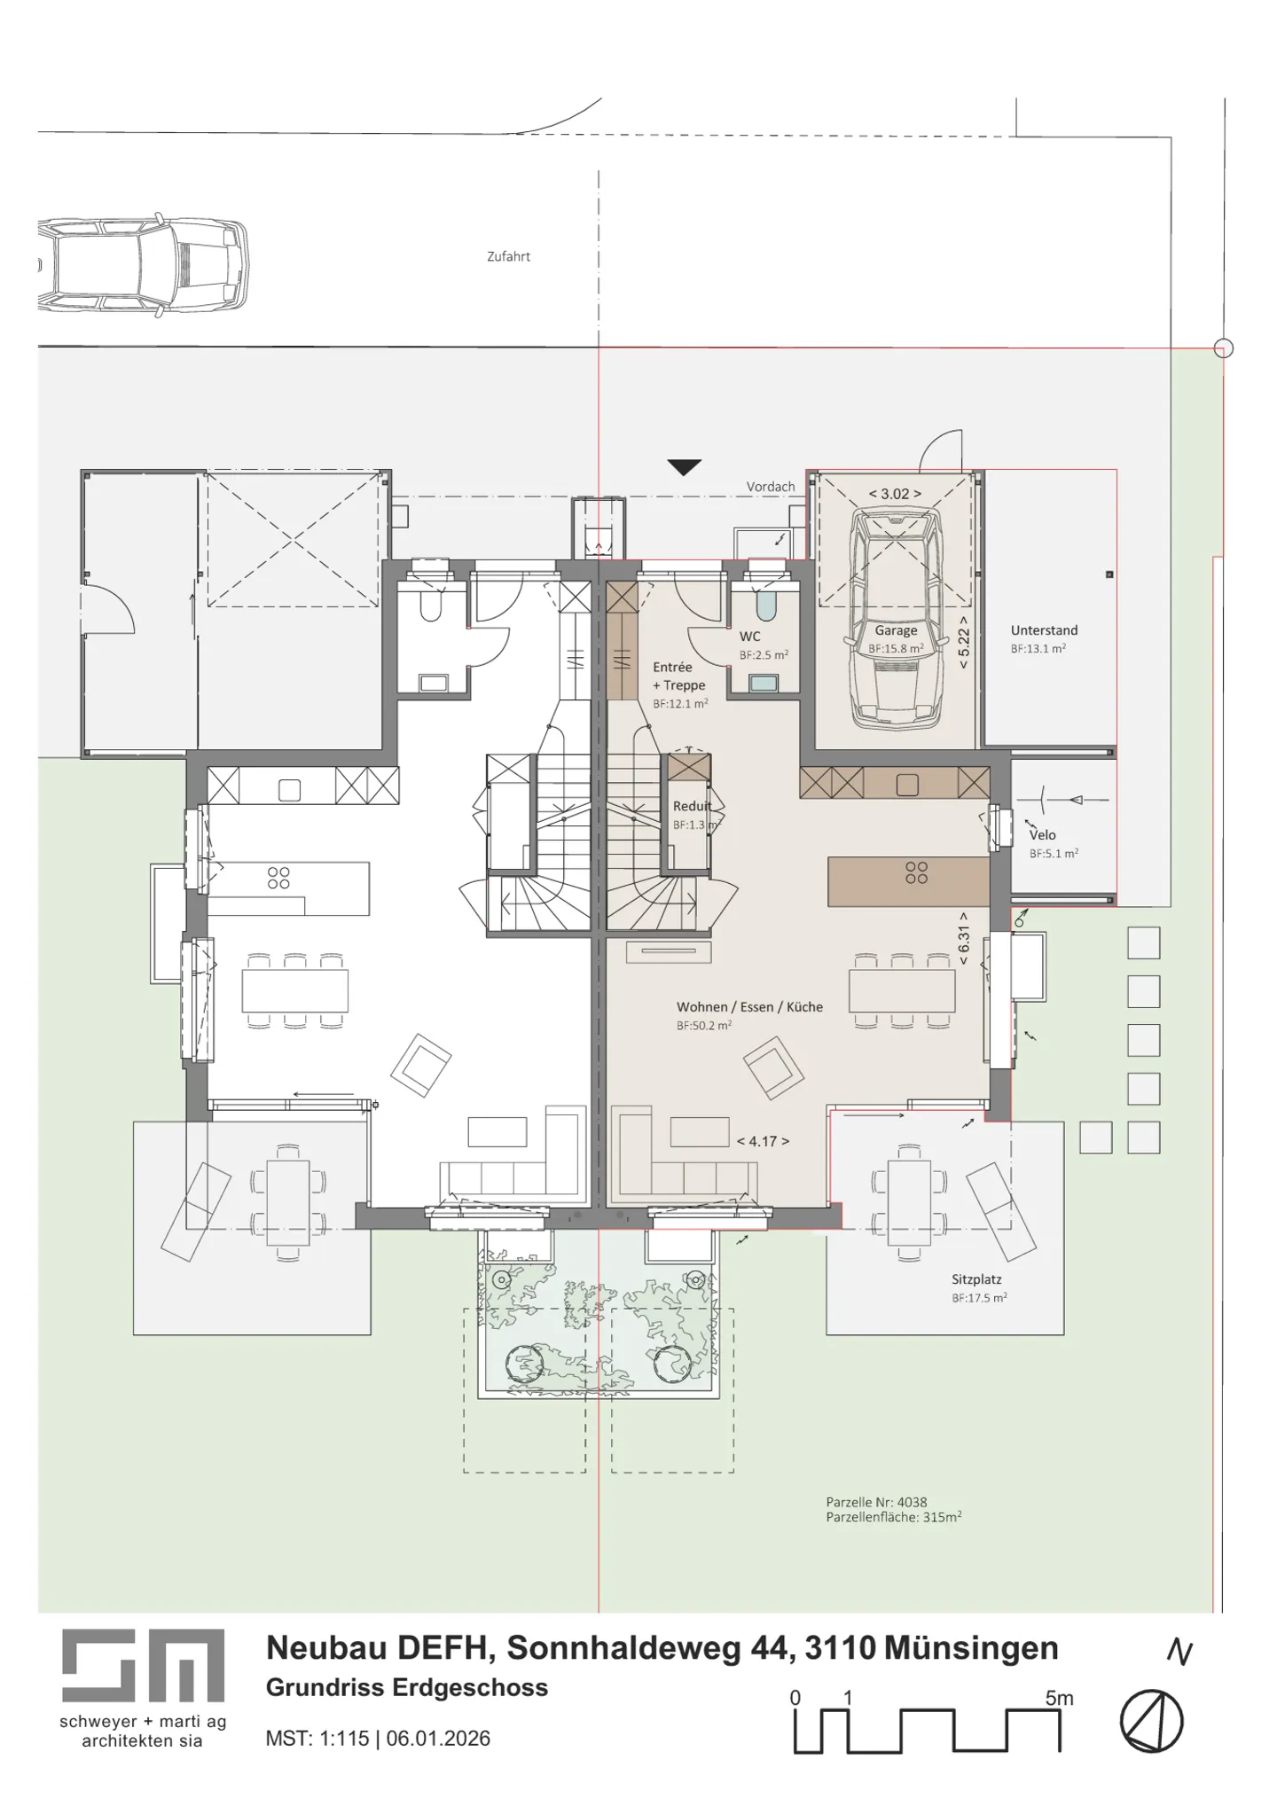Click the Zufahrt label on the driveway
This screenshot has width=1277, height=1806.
click(508, 256)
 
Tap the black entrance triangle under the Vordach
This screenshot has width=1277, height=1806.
click(684, 467)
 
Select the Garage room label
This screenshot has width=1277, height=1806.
click(896, 630)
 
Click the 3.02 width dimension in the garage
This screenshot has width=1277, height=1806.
click(895, 494)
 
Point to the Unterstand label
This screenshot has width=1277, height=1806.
click(1044, 630)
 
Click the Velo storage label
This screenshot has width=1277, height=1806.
click(1042, 834)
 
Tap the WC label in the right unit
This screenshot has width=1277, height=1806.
click(749, 637)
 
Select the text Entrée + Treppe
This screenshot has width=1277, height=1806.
click(678, 676)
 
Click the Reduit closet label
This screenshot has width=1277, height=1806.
click(692, 806)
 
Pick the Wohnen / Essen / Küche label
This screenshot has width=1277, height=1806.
click(749, 1006)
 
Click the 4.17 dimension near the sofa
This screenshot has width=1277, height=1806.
click(763, 1141)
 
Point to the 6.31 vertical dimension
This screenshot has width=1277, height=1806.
click(964, 938)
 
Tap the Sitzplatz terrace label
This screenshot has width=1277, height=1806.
click(976, 1279)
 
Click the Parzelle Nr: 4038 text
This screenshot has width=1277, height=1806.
click(876, 1502)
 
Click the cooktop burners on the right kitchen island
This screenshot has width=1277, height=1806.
click(916, 872)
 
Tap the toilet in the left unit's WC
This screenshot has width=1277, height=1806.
click(432, 606)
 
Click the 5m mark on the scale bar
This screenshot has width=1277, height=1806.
click(1059, 1698)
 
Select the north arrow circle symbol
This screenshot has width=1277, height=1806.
click(1151, 1721)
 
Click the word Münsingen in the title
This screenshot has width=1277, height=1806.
click(971, 1647)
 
